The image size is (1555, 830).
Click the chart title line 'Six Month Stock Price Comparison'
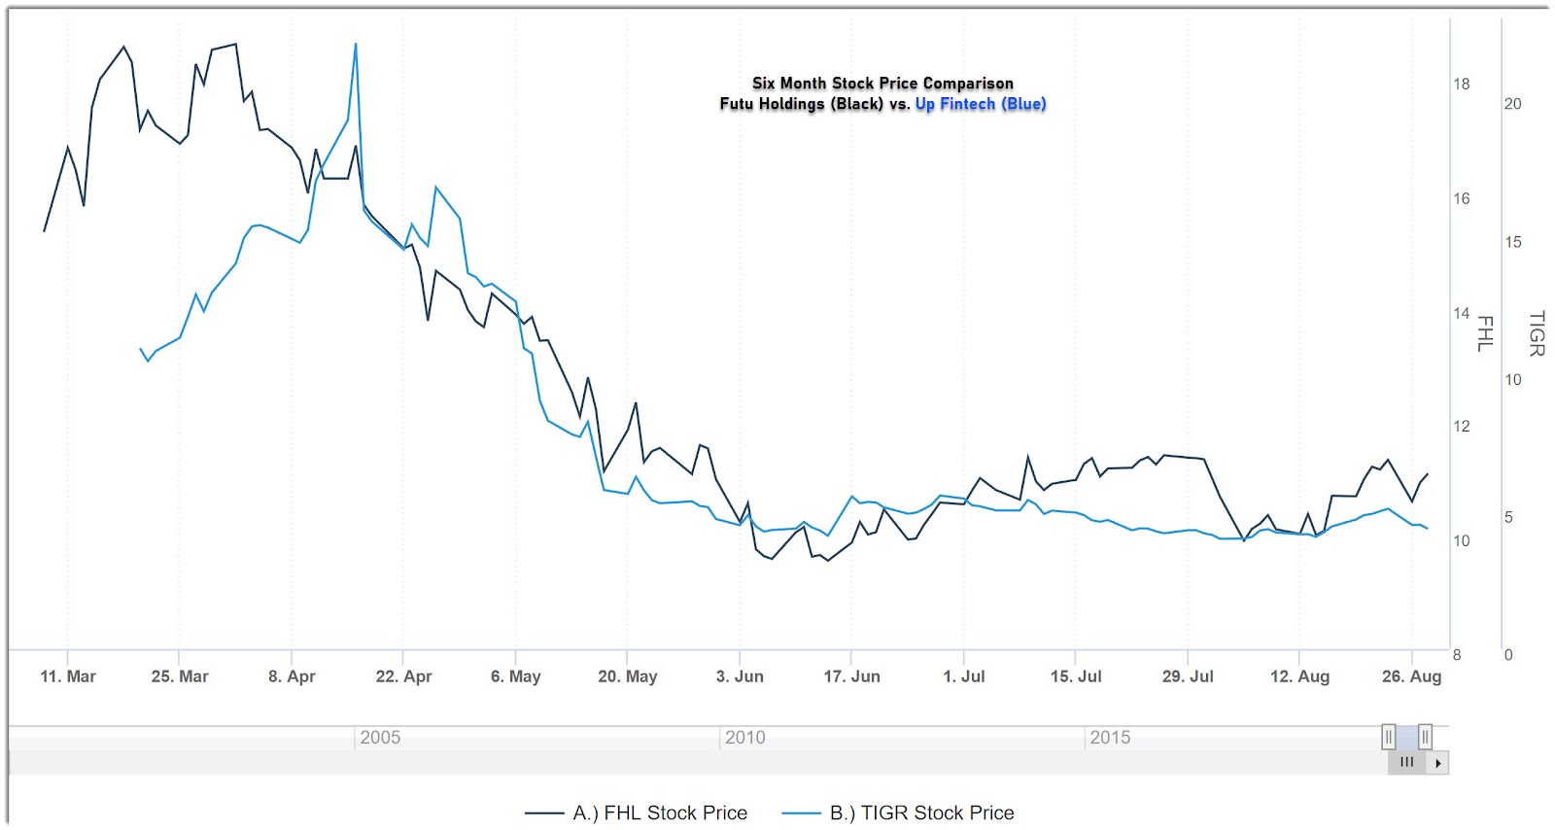(882, 84)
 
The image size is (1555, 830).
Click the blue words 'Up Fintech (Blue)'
(980, 104)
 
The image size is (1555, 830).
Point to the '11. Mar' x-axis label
(68, 676)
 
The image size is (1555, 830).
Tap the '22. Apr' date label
(403, 676)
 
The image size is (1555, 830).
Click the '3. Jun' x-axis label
(740, 676)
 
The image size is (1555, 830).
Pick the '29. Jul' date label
(1188, 676)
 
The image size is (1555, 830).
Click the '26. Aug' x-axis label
(1411, 676)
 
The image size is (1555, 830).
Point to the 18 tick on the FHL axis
(1462, 85)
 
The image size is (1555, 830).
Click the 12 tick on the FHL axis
(1462, 427)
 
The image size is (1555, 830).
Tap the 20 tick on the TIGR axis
(1513, 104)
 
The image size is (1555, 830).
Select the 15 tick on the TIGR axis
(1513, 242)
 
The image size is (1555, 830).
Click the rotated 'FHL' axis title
(1485, 333)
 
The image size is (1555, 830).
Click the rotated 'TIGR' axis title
(1537, 333)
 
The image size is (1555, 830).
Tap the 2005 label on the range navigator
(380, 738)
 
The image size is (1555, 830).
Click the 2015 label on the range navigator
(1110, 738)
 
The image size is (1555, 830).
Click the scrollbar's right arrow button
(1437, 763)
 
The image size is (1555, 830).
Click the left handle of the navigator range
(1389, 737)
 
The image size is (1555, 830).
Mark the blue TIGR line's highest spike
(356, 45)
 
